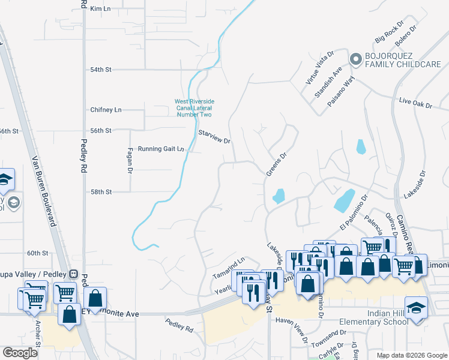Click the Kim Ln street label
pyautogui.click(x=101, y=9)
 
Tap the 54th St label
pyautogui.click(x=101, y=70)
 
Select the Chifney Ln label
pyautogui.click(x=106, y=110)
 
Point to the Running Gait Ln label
pyautogui.click(x=160, y=149)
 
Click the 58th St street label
pyautogui.click(x=101, y=192)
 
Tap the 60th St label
pyautogui.click(x=37, y=253)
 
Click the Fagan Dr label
pyautogui.click(x=130, y=160)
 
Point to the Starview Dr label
pyautogui.click(x=215, y=136)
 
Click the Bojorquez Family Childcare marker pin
pyautogui.click(x=355, y=59)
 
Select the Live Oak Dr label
pyautogui.click(x=415, y=103)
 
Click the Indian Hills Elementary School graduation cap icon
pyautogui.click(x=416, y=308)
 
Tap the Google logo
pyautogui.click(x=20, y=353)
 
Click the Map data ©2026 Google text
pyautogui.click(x=411, y=355)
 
